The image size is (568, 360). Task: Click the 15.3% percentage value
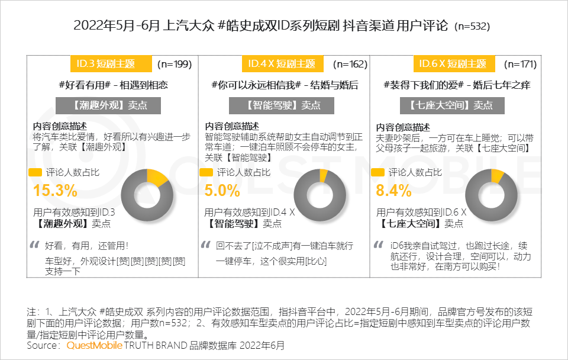click(55, 191)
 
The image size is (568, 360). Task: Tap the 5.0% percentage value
click(222, 191)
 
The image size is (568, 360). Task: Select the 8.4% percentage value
click(393, 191)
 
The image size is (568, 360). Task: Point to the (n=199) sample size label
click(175, 64)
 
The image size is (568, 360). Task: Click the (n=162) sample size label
click(350, 64)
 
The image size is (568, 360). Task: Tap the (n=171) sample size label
click(520, 64)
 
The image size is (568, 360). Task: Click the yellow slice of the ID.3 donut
click(157, 176)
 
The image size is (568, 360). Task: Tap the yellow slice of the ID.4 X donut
click(324, 175)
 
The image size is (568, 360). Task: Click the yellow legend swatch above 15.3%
click(35, 173)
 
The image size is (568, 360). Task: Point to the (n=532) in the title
click(472, 27)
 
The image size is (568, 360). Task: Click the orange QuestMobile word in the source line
click(95, 345)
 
